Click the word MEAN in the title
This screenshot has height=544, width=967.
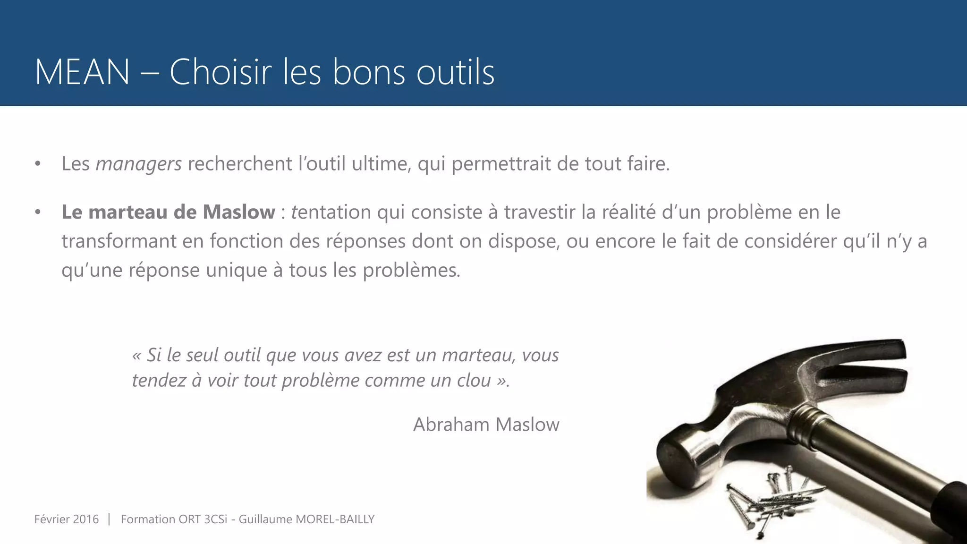point(82,72)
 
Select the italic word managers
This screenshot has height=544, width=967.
point(138,164)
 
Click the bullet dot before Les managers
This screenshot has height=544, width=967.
point(38,164)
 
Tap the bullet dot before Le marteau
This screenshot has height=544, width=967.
point(38,212)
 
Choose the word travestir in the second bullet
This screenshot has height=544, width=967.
point(539,212)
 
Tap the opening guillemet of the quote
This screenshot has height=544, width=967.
point(136,356)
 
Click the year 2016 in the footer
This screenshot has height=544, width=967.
point(86,519)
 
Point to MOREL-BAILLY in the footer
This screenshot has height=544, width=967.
point(335,519)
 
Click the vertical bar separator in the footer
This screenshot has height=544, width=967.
point(109,519)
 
